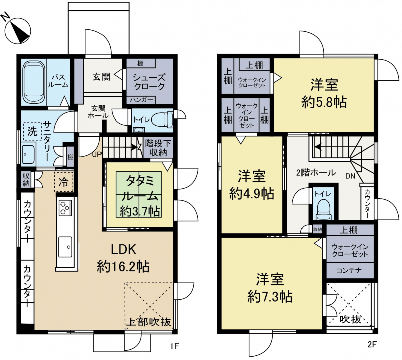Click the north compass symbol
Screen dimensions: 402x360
17,30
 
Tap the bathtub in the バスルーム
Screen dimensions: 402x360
34,82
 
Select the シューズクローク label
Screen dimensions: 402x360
149,82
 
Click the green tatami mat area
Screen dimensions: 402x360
139,195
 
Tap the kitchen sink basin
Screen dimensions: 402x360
65,247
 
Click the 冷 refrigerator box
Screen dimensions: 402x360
64,182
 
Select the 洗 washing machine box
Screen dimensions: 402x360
32,131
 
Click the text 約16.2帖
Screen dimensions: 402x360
123,267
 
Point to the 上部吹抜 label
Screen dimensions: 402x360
149,322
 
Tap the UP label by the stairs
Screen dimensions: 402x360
97,154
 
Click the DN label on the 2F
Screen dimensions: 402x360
350,176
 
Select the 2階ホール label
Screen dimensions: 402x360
316,172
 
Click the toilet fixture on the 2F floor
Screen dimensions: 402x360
323,209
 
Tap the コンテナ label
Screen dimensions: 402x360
349,270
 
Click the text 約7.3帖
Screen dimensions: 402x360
270,297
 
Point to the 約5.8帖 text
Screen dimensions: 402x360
324,102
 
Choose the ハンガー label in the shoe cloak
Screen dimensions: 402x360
141,100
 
